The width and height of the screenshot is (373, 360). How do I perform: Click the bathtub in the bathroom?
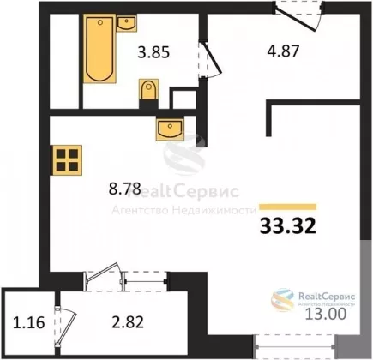(99, 49)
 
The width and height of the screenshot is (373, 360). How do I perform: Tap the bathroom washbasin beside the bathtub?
(126, 23)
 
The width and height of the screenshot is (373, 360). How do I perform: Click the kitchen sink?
(170, 129)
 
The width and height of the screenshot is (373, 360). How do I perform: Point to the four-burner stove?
(66, 160)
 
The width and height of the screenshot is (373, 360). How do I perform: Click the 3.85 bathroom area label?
(153, 52)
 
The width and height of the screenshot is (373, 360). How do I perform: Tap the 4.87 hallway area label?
(283, 51)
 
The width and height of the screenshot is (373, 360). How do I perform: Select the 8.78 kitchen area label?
(125, 189)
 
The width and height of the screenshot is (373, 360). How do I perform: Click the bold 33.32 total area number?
(288, 225)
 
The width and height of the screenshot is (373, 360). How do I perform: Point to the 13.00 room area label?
(326, 314)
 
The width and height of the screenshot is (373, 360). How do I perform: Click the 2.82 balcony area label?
(128, 322)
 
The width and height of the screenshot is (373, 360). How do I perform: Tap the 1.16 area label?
(29, 323)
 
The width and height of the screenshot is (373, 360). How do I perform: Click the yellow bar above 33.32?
(288, 207)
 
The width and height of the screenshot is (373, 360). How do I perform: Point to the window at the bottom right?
(294, 346)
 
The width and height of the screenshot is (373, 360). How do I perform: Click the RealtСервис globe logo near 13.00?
(283, 299)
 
